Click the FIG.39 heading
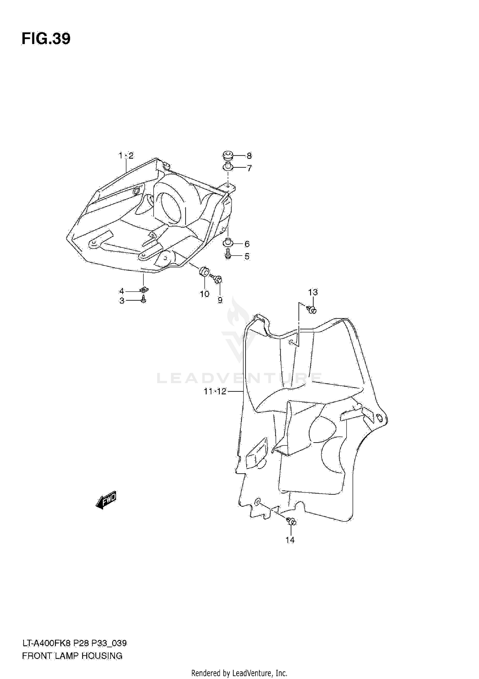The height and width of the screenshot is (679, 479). (x=46, y=39)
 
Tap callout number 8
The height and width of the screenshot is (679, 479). (x=249, y=156)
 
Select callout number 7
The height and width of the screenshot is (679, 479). (x=249, y=168)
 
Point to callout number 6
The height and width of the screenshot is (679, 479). (x=247, y=244)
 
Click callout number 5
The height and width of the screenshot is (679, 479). (x=247, y=256)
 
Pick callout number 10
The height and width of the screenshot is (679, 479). (x=204, y=294)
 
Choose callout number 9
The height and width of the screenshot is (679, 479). (x=220, y=300)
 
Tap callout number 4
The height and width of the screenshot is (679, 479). (x=122, y=291)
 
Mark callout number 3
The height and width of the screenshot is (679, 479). (x=122, y=301)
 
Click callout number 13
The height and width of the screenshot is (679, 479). (x=313, y=292)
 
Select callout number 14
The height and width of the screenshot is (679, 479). (x=290, y=540)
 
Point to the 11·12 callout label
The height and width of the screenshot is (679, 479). (x=215, y=391)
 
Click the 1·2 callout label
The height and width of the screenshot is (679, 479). (x=126, y=156)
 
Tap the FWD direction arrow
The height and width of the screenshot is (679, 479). (x=106, y=499)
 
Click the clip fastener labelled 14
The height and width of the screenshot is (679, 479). (x=292, y=522)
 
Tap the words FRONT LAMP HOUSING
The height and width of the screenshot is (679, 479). (x=72, y=656)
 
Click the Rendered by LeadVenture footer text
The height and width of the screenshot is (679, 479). (x=239, y=673)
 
